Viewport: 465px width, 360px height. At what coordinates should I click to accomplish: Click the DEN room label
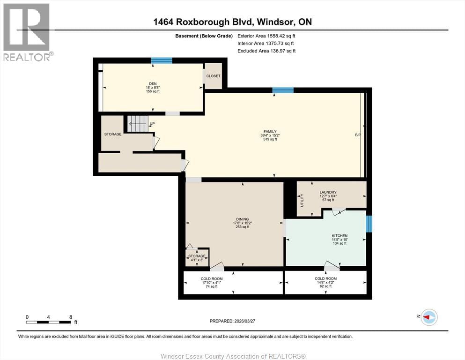[x=152, y=84]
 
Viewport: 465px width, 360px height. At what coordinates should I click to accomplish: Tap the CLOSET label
[x=213, y=76]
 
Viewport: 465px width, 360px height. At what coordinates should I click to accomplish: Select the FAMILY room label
[x=269, y=132]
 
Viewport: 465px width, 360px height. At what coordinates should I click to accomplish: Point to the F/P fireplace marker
[x=358, y=135]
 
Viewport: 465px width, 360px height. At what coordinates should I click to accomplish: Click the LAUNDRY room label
[x=328, y=192]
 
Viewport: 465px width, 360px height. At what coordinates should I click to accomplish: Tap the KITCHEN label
[x=340, y=236]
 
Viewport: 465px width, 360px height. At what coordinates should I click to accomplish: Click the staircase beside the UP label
[x=138, y=124]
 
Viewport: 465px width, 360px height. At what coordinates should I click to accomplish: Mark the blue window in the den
[x=161, y=60]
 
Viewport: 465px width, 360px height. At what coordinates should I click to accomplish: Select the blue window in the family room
[x=283, y=90]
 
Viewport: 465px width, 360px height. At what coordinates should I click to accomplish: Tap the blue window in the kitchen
[x=369, y=224]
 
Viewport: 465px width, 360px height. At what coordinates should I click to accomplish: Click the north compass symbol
[x=428, y=317]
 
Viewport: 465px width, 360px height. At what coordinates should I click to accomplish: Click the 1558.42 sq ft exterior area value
[x=279, y=35]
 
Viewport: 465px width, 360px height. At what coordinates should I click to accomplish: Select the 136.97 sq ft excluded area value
[x=280, y=51]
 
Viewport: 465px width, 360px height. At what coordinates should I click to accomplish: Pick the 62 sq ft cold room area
[x=325, y=286]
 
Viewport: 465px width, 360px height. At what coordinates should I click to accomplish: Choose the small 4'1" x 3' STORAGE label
[x=197, y=256]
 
